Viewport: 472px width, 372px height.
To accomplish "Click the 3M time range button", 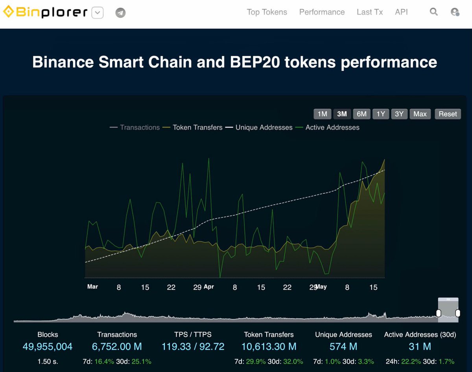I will pos(342,114).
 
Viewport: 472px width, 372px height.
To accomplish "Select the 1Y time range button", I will pos(381,114).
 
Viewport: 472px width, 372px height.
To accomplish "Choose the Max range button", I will pos(420,114).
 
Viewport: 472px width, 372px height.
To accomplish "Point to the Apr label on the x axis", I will pos(209,287).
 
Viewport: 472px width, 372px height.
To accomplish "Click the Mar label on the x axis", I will pos(92,287).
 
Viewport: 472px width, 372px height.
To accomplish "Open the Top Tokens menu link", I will pos(267,12).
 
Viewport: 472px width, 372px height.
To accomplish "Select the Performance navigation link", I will pos(322,12).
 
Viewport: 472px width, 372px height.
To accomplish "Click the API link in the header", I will pos(401,12).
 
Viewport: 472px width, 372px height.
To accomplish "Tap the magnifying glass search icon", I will pos(433,12).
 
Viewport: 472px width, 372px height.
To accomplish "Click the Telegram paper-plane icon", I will pos(121,13).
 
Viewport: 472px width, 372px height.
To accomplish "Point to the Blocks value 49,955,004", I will pos(48,347).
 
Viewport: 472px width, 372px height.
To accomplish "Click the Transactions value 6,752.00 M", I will pos(117,347).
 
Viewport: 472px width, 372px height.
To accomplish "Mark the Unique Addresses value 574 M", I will pos(343,347).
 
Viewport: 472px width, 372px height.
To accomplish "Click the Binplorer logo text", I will pos(51,13).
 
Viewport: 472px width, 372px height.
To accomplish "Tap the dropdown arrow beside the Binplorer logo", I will pos(98,13).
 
